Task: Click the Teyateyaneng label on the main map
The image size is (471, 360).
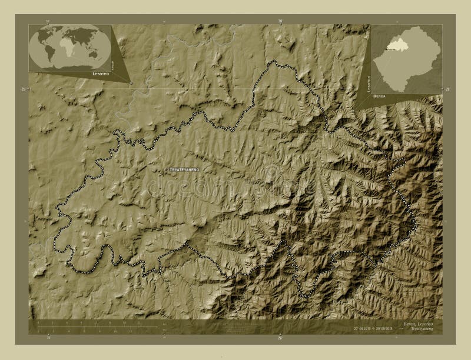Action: click(x=185, y=169)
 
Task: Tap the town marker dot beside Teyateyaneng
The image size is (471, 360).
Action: click(x=165, y=169)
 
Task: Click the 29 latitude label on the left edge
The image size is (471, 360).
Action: click(x=24, y=89)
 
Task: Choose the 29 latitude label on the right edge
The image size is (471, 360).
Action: click(x=447, y=89)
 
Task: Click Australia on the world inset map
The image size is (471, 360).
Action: click(x=92, y=55)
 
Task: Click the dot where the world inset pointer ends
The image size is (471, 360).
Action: click(x=130, y=83)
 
